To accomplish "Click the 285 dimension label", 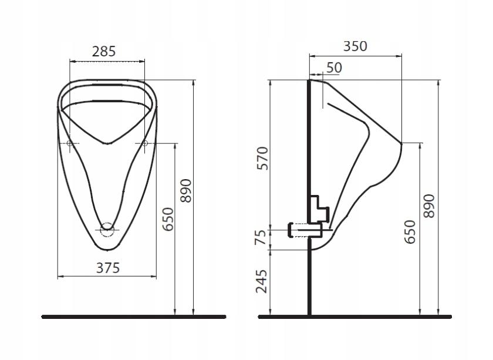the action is coord(104,51).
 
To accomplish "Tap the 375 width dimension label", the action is coord(108,268).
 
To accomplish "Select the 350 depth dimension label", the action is coord(355,46).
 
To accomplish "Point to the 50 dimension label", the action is coord(334,68).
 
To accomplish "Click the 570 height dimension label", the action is coord(262,159).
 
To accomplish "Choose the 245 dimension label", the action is coord(262,281).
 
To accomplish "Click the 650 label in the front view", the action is coord(168,219).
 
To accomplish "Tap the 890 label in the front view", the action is coord(186,191).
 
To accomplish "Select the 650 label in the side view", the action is coord(410,231).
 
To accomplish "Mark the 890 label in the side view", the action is coord(429,206).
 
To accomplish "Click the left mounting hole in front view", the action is coord(69,143).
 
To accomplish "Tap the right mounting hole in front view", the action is coord(144,143).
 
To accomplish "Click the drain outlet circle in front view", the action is coord(107,230).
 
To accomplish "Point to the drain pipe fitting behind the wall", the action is coord(305,230).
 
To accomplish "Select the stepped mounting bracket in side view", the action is coord(319,208).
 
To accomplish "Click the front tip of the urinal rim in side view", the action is coord(401,143).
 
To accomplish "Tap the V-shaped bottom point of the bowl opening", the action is coord(107,144).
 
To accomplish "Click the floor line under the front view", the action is coord(134,317).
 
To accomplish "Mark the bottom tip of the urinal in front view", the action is coord(107,250).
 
